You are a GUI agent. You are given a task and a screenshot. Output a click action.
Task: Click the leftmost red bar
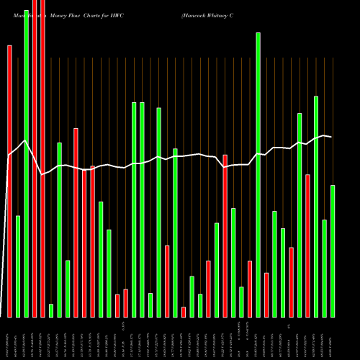9,180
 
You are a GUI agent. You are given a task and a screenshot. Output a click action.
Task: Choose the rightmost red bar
307,246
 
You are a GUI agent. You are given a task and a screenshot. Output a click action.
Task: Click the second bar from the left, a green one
18,266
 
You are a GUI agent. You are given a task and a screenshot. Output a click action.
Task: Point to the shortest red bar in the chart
184,312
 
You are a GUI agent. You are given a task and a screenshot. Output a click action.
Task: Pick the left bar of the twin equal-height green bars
134,210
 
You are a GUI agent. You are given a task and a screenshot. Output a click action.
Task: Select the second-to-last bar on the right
325,268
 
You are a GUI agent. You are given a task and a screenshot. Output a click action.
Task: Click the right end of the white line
331,137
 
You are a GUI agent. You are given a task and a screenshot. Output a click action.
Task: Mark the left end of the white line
7,156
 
